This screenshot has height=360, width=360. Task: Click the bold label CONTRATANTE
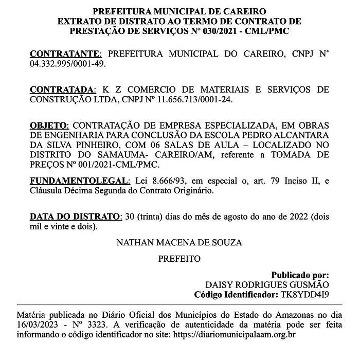66,53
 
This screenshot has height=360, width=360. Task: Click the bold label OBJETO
48,125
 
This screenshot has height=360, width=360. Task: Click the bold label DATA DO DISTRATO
75,217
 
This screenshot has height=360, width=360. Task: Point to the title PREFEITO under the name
179,259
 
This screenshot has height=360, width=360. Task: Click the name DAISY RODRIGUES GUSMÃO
267,285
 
